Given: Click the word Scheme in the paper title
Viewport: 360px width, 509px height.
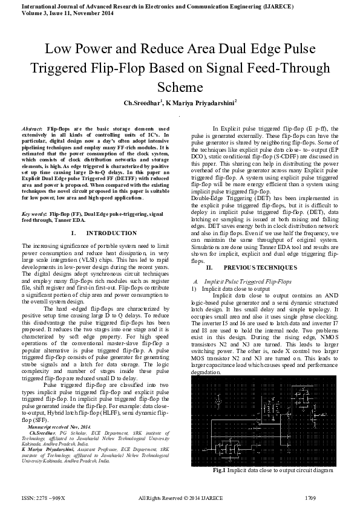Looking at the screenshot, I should pyautogui.click(x=180, y=86).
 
